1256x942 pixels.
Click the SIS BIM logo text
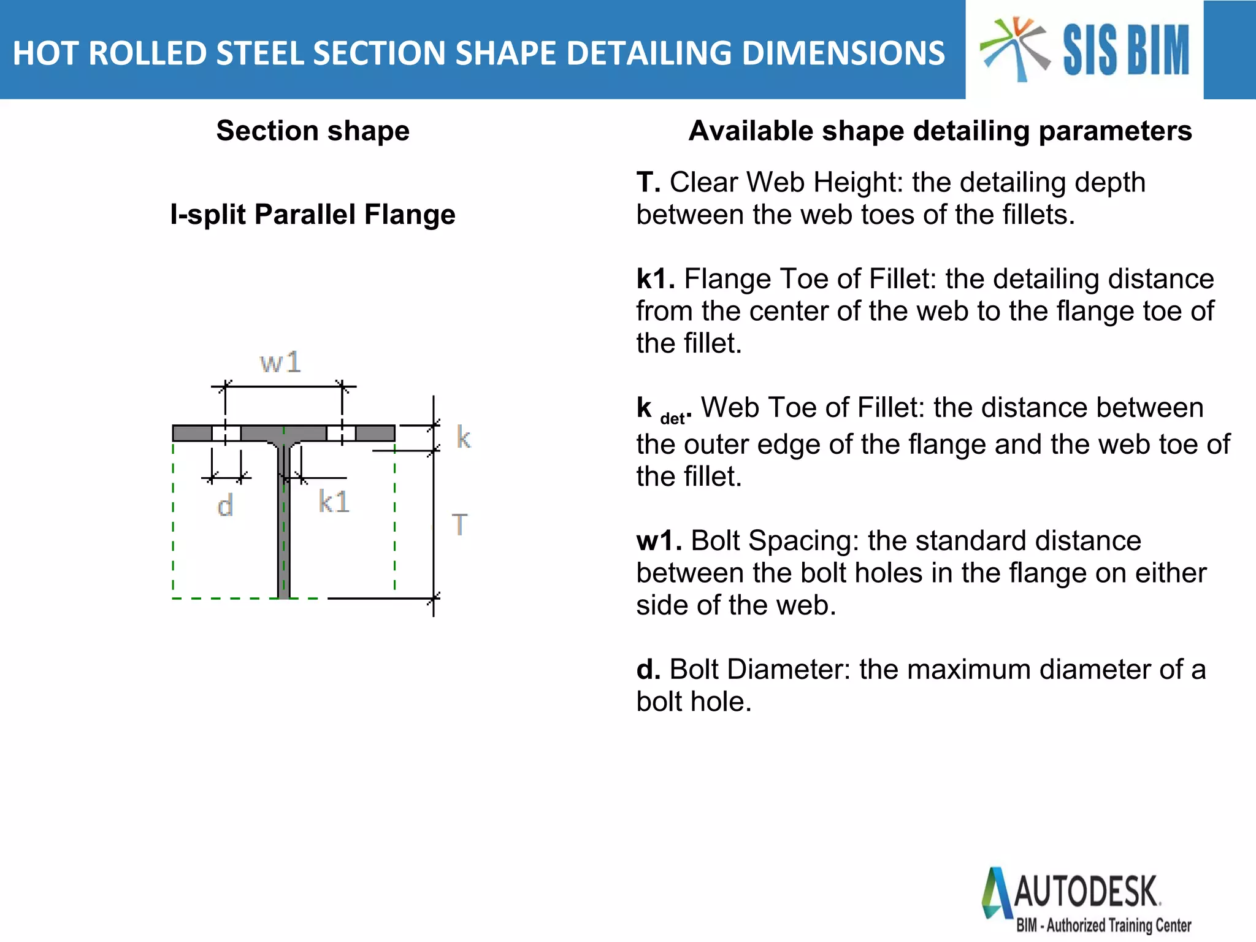[x=1125, y=50]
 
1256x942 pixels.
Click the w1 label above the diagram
[x=280, y=362]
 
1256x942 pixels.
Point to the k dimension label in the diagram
[x=464, y=438]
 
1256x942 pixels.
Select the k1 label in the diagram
[x=334, y=502]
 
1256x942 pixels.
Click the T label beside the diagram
[x=460, y=525]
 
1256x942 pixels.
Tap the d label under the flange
[x=225, y=507]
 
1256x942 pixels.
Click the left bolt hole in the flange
[x=226, y=433]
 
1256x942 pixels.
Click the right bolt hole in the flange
[x=341, y=433]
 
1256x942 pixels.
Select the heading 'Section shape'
[x=313, y=131]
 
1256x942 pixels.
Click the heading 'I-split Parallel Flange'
[x=313, y=215]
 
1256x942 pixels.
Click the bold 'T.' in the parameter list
[x=648, y=183]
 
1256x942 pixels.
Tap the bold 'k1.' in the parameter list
[x=655, y=279]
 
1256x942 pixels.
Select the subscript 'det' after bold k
[x=672, y=419]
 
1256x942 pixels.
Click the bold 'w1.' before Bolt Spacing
[x=659, y=541]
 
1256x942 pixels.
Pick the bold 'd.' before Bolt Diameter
[x=648, y=670]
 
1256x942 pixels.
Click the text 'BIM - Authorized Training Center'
[x=1103, y=925]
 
